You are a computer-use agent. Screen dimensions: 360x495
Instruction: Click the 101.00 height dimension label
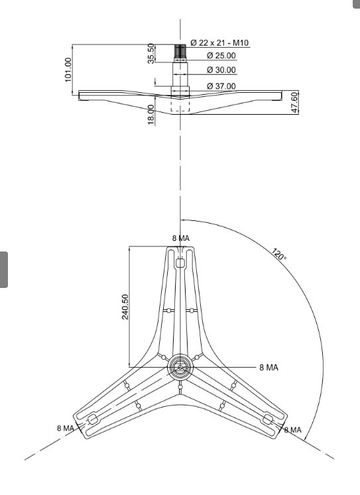pyautogui.click(x=68, y=70)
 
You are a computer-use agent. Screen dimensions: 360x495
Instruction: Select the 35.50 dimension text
pyautogui.click(x=151, y=53)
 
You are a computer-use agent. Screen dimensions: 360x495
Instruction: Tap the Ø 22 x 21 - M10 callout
pyautogui.click(x=219, y=42)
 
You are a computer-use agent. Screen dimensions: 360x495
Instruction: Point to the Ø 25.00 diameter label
pyautogui.click(x=221, y=56)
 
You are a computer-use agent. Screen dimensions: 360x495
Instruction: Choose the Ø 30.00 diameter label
pyautogui.click(x=221, y=70)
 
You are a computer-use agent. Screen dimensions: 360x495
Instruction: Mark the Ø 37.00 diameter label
pyautogui.click(x=221, y=86)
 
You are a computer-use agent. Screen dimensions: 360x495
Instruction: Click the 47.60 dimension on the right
pyautogui.click(x=294, y=102)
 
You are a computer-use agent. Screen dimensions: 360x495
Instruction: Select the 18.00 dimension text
pyautogui.click(x=151, y=115)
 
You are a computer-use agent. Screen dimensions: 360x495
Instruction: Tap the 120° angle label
pyautogui.click(x=279, y=254)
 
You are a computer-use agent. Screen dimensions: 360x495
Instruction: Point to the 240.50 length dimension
pyautogui.click(x=125, y=307)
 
